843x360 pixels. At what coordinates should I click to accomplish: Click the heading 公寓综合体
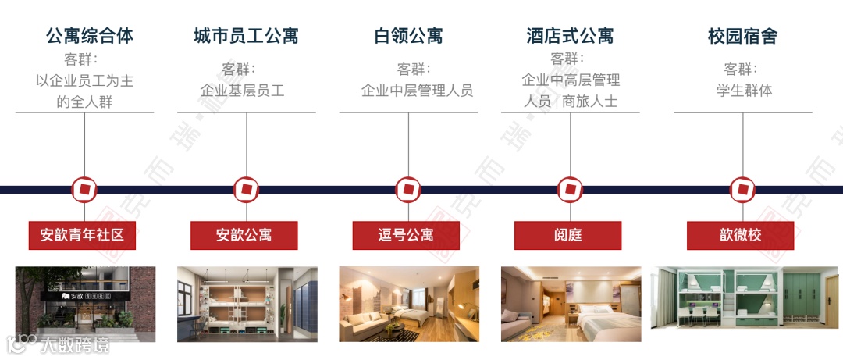[x=90, y=36]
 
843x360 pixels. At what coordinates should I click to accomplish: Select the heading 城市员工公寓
[x=246, y=36]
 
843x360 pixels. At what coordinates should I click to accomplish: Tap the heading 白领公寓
[x=408, y=36]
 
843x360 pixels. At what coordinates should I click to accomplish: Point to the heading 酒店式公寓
[x=570, y=36]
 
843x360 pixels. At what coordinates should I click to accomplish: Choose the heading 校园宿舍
[x=742, y=36]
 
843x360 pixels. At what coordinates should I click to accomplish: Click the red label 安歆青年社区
[x=82, y=235]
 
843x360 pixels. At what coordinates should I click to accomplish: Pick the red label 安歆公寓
[x=244, y=235]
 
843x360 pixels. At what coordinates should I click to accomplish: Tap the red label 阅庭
[x=567, y=235]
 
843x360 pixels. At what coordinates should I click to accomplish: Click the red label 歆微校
[x=740, y=235]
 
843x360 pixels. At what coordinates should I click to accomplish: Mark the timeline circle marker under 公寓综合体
[x=84, y=189]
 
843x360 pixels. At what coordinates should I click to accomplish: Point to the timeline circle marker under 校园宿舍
[x=742, y=189]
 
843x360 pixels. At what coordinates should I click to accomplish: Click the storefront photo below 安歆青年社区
[x=85, y=304]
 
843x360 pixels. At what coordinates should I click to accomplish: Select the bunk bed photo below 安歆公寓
[x=247, y=304]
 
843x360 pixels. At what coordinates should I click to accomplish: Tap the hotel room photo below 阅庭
[x=571, y=304]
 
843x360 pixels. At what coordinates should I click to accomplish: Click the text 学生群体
[x=744, y=91]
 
